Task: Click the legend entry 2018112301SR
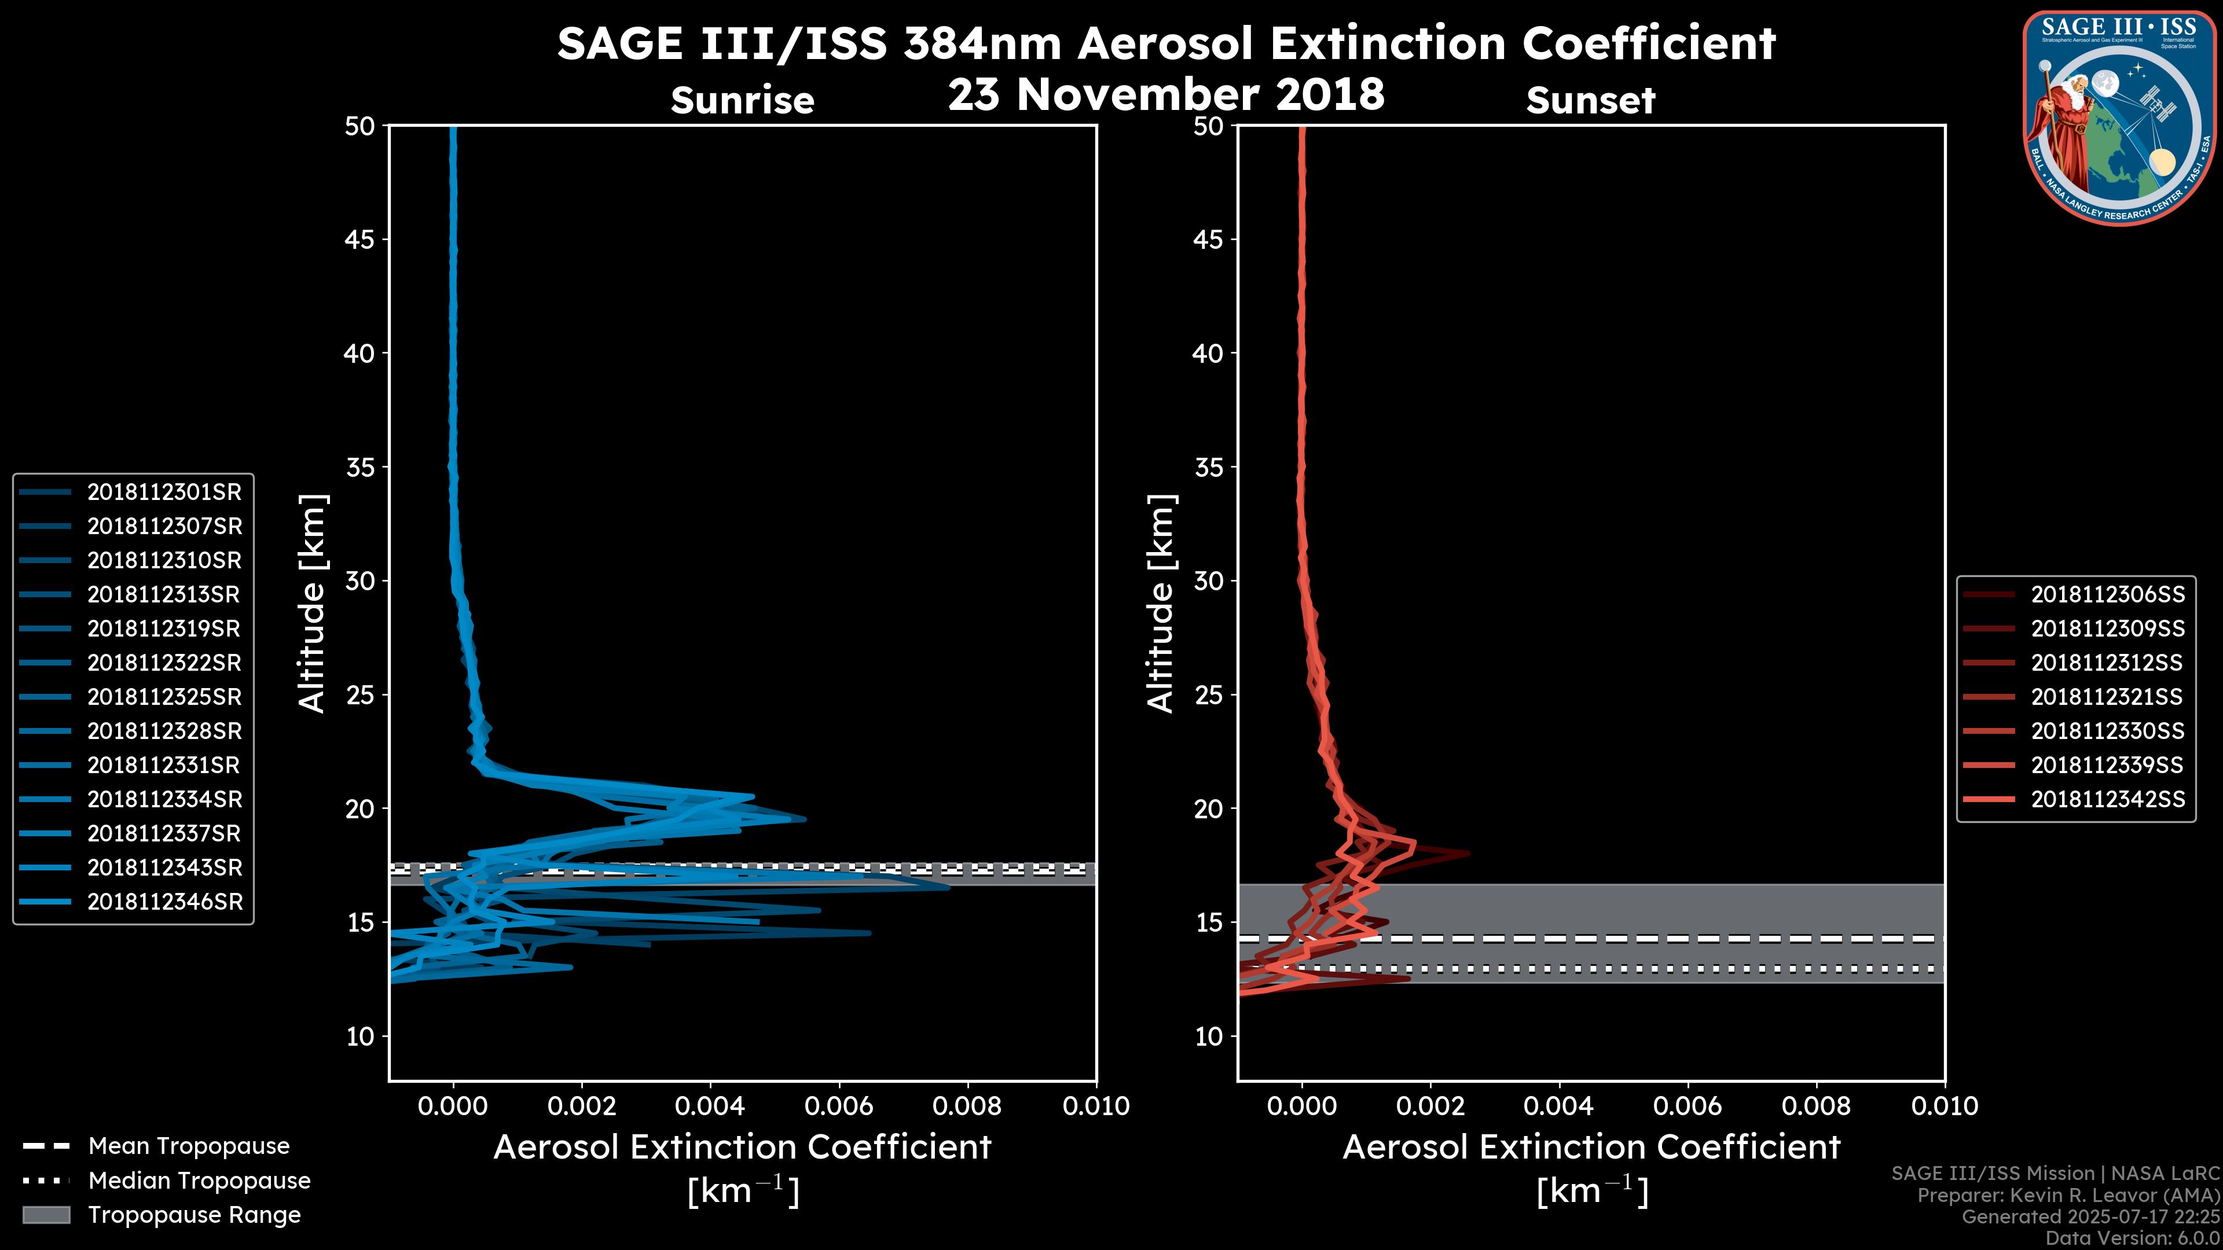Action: coord(164,492)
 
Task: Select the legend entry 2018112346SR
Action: coord(164,902)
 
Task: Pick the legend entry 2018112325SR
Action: coord(164,697)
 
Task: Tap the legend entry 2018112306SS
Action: coord(2107,594)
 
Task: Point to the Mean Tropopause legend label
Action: coord(189,1146)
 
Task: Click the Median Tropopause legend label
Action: coord(199,1181)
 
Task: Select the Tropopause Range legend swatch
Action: coord(46,1215)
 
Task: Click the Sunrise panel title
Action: coord(742,101)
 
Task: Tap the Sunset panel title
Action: coord(1590,101)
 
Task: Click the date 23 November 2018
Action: coord(1166,94)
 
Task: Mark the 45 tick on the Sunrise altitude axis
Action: coord(360,240)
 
